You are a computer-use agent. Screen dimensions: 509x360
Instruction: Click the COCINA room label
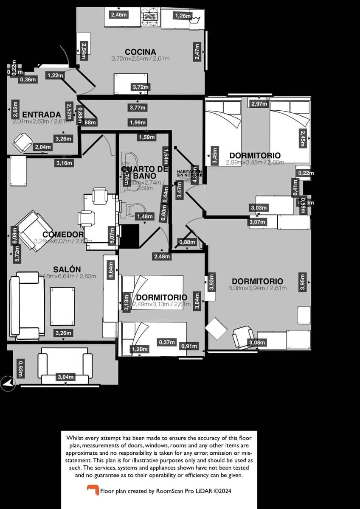point(140,52)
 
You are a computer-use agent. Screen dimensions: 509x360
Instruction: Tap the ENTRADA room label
point(41,115)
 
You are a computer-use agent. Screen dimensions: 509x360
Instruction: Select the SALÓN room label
point(67,269)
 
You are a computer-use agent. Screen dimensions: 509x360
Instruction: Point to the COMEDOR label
point(63,235)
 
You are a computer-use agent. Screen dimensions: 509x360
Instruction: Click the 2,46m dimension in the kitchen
point(118,15)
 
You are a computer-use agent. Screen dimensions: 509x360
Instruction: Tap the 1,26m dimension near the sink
point(183,16)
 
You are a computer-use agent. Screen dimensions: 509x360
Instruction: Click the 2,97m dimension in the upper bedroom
point(259,104)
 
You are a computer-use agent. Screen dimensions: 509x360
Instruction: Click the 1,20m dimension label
point(140,349)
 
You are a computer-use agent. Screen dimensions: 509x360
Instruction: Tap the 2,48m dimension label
point(162,256)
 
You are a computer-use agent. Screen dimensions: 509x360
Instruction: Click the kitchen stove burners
point(150,16)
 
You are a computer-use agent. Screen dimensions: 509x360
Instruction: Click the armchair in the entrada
point(22,142)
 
